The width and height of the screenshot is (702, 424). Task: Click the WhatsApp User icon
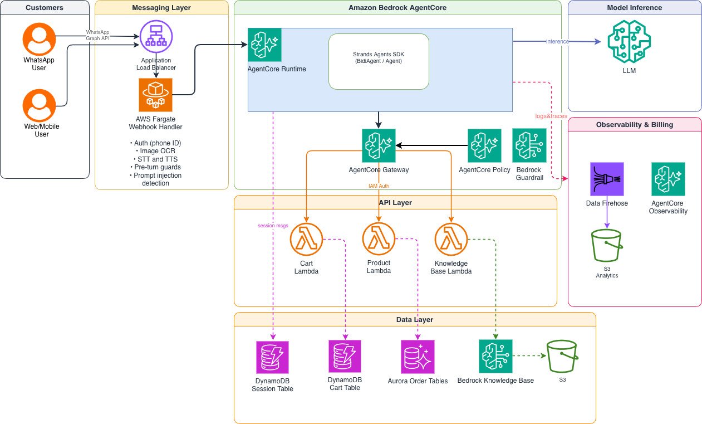point(39,39)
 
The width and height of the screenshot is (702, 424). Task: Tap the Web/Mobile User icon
point(39,105)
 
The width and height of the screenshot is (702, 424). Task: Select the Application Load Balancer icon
point(156,36)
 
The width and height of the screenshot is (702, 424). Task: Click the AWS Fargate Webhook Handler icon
point(155,95)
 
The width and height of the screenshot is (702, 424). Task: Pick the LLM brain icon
point(629,41)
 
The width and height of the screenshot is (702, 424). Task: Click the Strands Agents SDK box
point(379,61)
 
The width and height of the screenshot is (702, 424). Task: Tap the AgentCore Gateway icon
point(379,145)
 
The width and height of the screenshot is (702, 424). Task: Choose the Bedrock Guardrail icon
point(529,145)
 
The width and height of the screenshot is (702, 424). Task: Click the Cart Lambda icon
point(306,239)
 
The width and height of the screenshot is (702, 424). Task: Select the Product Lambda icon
point(379,238)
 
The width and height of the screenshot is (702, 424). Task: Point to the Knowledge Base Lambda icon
point(451,239)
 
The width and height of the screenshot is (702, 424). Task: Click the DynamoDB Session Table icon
point(272,357)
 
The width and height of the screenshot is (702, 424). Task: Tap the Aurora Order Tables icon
point(418,357)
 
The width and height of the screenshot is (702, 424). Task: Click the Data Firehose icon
point(607,179)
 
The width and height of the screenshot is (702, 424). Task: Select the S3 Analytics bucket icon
point(607,246)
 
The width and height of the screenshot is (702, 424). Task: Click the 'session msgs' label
point(273,226)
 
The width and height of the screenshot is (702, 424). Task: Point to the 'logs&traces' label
point(551,116)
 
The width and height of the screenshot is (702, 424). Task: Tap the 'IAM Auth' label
point(379,186)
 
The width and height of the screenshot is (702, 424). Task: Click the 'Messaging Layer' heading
point(161,8)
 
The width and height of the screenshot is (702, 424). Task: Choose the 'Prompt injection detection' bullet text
point(156,179)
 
